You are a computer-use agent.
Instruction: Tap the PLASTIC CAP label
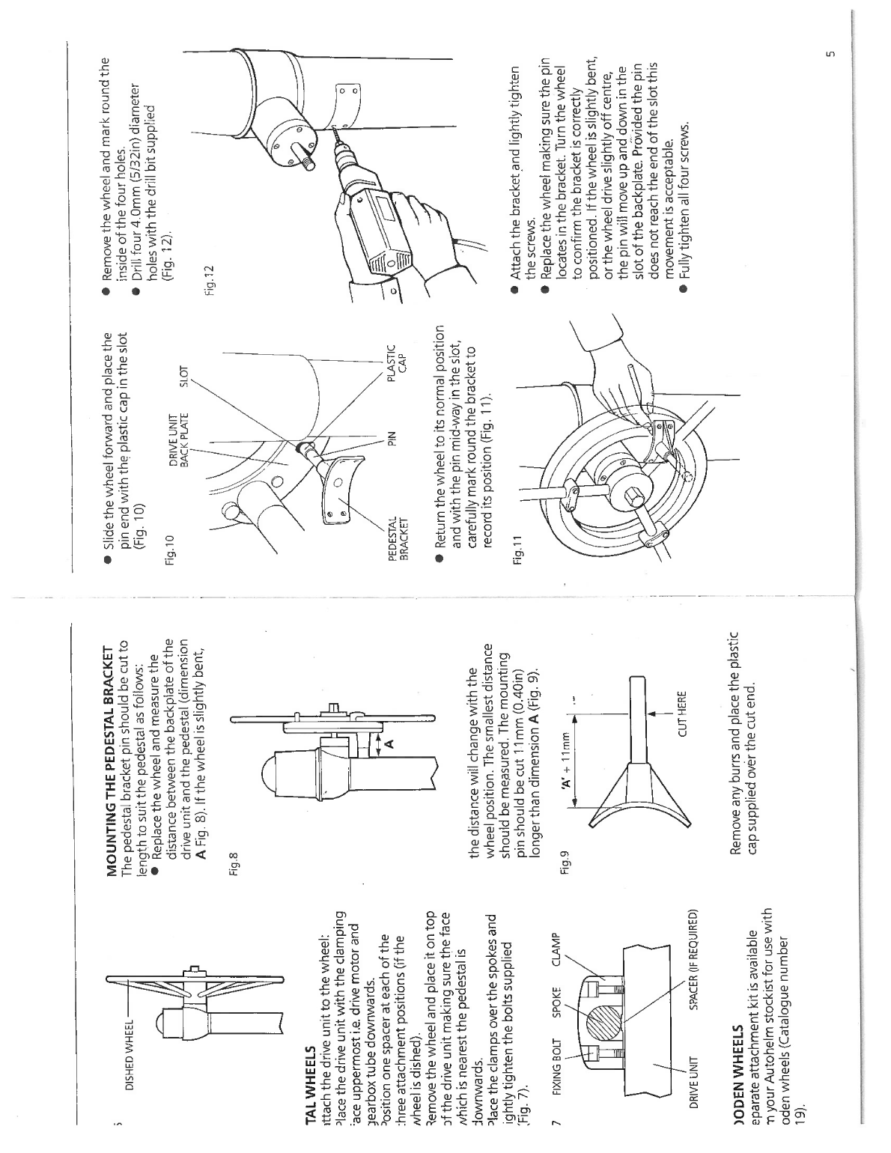click(x=395, y=359)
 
